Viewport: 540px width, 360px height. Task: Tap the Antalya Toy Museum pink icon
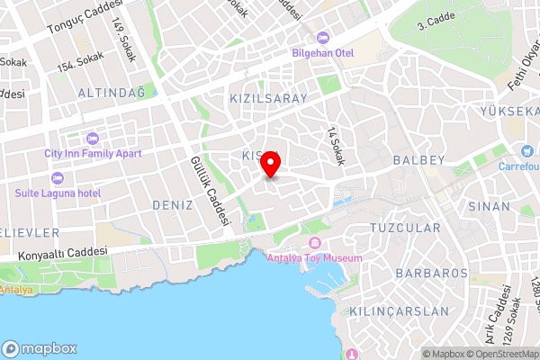point(315,244)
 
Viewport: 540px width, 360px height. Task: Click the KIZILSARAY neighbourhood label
point(269,97)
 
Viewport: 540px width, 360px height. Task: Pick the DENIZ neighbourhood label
point(173,205)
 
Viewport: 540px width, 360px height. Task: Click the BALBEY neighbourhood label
point(419,160)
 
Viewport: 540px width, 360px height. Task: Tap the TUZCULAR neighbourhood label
point(405,228)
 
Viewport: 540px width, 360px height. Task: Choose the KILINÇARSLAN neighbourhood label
point(407,310)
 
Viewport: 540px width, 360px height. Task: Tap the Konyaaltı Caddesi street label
point(63,254)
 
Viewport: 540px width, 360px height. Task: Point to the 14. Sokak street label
point(337,145)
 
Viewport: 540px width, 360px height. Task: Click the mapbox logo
point(40,347)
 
